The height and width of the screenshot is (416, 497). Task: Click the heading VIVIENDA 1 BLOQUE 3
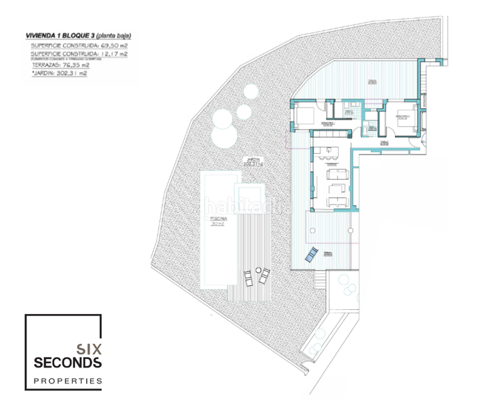pyautogui.click(x=58, y=34)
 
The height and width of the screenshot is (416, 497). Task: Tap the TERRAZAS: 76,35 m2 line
pyautogui.click(x=56, y=65)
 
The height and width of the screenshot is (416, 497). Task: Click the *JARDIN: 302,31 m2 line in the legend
pyautogui.click(x=56, y=73)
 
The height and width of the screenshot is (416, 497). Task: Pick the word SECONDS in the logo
pyautogui.click(x=68, y=362)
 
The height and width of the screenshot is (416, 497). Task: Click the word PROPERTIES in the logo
pyautogui.click(x=68, y=381)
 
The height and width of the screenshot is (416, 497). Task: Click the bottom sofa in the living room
pyautogui.click(x=338, y=202)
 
